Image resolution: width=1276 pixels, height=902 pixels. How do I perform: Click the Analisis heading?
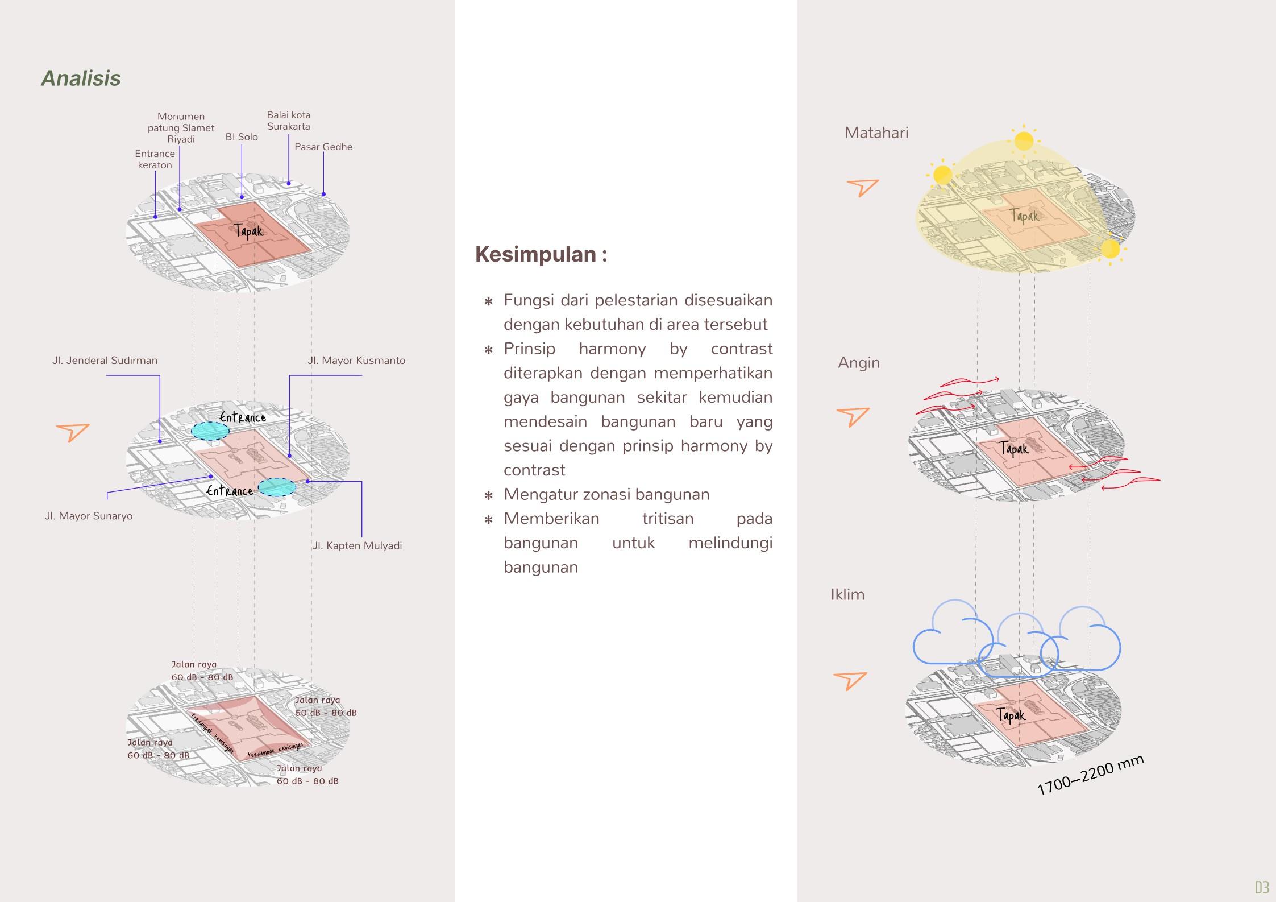pos(81,78)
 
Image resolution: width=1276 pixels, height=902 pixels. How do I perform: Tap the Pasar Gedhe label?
pos(323,147)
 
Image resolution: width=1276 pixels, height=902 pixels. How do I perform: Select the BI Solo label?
pos(242,137)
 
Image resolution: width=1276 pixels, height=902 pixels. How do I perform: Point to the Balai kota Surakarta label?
pos(289,121)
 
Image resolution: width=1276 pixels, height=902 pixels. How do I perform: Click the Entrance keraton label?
pos(155,159)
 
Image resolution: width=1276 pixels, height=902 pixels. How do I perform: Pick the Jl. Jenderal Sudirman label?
pos(105,361)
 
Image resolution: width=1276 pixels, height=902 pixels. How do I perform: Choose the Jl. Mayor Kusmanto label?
pos(356,361)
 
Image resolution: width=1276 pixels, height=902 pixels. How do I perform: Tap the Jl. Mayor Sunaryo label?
pos(89,516)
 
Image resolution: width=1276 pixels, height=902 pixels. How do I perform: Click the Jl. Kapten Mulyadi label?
pos(357,546)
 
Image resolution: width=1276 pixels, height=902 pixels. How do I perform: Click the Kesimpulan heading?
pos(541,254)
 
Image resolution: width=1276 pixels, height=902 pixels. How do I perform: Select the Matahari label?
pos(876,133)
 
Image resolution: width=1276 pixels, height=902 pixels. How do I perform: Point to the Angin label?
pos(858,363)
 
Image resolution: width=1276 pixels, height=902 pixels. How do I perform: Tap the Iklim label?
pos(847,595)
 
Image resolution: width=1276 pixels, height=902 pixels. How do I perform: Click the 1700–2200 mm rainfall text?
pos(1090,775)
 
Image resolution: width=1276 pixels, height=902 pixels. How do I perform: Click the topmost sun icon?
pos(1023,140)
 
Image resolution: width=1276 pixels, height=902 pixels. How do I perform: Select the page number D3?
pos(1262,887)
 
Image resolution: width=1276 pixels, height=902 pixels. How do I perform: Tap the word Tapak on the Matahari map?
pos(1024,216)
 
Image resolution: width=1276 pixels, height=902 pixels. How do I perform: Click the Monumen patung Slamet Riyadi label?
pos(181,128)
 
